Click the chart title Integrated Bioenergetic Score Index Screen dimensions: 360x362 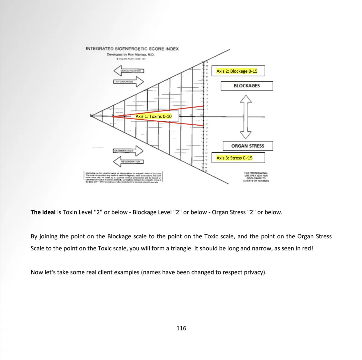132,49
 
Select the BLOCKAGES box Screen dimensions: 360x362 246,86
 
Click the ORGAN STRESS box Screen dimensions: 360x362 248,146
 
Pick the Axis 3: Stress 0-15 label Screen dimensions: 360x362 234,158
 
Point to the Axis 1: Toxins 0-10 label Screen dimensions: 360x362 154,116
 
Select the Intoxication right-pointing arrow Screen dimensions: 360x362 129,82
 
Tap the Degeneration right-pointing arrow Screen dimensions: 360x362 128,151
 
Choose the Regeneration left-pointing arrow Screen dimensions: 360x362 128,162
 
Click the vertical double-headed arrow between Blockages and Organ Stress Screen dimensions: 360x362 246,117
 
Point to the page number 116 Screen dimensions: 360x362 181,328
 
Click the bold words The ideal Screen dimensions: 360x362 43,212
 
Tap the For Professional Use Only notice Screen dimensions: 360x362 256,177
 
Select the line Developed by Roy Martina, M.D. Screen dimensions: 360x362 131,55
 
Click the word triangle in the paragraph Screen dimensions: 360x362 180,249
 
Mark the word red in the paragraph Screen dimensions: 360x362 307,249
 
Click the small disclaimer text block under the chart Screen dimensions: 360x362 123,178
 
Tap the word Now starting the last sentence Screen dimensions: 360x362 37,272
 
